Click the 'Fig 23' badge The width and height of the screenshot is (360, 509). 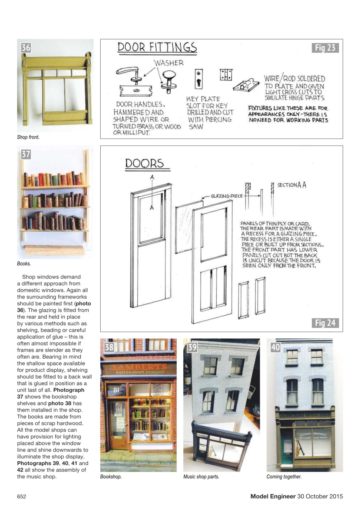pyautogui.click(x=325, y=48)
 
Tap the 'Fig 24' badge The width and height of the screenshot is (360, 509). pyautogui.click(x=325, y=323)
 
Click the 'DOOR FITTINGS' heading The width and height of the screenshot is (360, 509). pyautogui.click(x=157, y=47)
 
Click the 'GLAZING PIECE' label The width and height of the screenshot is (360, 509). pyautogui.click(x=227, y=196)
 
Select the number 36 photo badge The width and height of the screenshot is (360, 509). pyautogui.click(x=26, y=48)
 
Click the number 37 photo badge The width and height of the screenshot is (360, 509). pyautogui.click(x=26, y=155)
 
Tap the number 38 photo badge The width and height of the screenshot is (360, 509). pyautogui.click(x=109, y=347)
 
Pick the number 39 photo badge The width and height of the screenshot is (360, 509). pyautogui.click(x=192, y=347)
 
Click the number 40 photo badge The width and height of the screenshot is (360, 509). pyautogui.click(x=275, y=347)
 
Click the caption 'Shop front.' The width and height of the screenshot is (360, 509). pyautogui.click(x=28, y=137)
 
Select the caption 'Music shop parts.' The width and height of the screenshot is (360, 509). pyautogui.click(x=201, y=477)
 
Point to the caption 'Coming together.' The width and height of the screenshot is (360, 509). pyautogui.click(x=284, y=477)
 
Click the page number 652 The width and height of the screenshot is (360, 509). pyautogui.click(x=21, y=496)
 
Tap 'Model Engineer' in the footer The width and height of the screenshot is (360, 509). pyautogui.click(x=272, y=496)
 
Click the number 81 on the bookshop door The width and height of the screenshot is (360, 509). pyautogui.click(x=116, y=390)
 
